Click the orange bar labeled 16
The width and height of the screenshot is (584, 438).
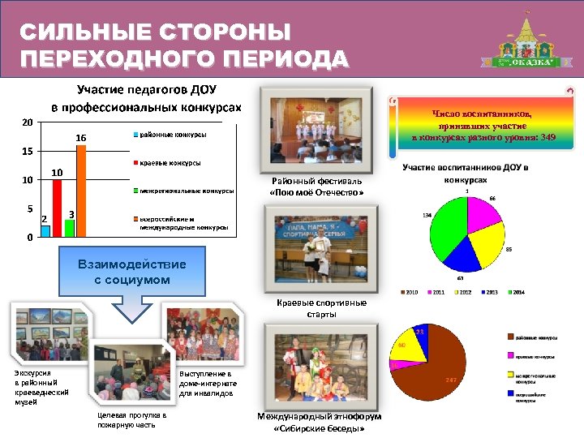click(x=81, y=191)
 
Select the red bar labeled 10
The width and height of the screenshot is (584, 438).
click(x=57, y=208)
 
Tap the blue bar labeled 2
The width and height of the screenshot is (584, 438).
click(x=45, y=230)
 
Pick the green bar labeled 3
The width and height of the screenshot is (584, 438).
click(x=69, y=227)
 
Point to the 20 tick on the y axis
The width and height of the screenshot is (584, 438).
click(x=28, y=122)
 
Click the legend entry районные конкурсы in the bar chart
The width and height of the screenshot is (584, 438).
click(x=170, y=134)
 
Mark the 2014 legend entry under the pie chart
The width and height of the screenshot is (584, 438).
click(x=515, y=291)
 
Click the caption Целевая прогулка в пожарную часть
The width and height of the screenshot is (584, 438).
click(x=131, y=420)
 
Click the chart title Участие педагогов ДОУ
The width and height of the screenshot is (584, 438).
click(x=146, y=89)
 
